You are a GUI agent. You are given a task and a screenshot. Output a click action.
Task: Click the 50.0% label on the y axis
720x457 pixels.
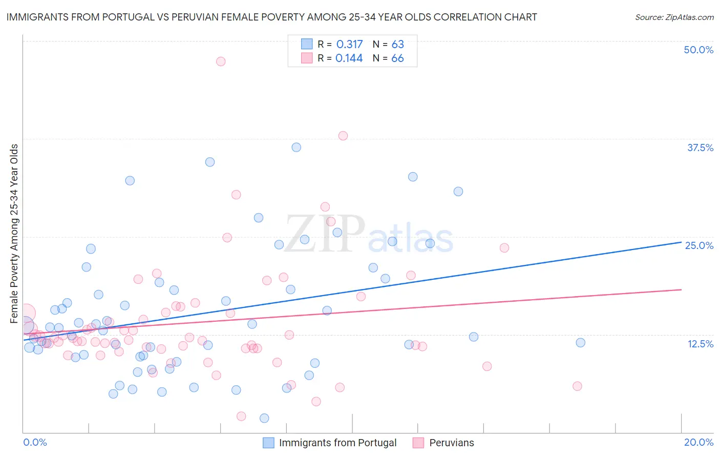click(698, 50)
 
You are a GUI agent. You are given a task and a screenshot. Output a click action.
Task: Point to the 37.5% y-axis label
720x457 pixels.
click(700, 148)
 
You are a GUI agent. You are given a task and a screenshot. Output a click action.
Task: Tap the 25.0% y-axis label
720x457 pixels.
click(699, 245)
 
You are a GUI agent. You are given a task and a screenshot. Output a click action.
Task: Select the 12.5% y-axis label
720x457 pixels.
click(700, 344)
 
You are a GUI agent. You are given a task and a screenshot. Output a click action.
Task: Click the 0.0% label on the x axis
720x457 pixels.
click(35, 442)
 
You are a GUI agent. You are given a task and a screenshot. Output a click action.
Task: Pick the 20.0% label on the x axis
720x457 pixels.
click(698, 442)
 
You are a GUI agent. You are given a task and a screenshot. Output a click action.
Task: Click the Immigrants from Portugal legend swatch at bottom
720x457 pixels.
click(268, 443)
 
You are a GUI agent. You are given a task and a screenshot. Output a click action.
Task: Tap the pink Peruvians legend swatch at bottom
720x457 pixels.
click(418, 443)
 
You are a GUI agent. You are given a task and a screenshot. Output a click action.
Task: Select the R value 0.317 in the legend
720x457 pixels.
click(349, 45)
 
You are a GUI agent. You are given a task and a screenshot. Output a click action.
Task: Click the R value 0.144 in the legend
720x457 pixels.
click(349, 58)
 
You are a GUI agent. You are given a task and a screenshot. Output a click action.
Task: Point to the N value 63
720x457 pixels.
click(397, 45)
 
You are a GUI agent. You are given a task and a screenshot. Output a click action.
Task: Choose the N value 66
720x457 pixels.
click(397, 58)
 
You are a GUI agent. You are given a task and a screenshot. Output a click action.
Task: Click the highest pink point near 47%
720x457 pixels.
click(221, 61)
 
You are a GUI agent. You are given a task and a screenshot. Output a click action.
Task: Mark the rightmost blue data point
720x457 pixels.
click(580, 343)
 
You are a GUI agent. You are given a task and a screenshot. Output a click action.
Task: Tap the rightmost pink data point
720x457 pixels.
click(577, 386)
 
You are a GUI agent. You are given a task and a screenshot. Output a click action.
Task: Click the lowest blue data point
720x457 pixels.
click(264, 418)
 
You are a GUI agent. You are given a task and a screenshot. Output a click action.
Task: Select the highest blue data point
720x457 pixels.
click(296, 148)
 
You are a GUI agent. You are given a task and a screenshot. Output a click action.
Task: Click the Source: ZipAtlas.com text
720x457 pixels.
click(674, 17)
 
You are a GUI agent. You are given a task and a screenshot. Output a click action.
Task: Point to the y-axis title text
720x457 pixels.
click(14, 234)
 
